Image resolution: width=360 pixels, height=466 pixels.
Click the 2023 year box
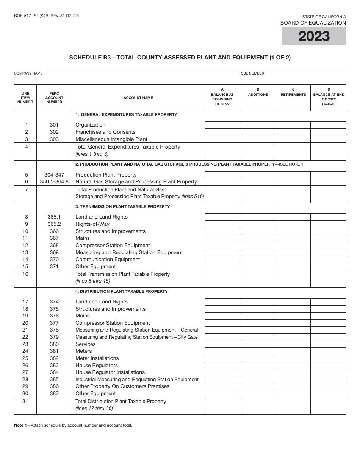314,36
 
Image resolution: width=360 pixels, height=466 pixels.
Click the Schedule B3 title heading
180,58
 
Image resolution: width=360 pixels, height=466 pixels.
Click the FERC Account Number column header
54,97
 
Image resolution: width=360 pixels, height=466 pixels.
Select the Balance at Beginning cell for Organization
222,125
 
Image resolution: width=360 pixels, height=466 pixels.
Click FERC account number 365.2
54,224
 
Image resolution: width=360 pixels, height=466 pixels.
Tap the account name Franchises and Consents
105,132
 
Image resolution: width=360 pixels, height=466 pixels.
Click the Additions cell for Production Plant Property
258,175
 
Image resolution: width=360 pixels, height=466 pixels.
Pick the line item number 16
25,274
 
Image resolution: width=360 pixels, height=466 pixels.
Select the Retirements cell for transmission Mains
293,238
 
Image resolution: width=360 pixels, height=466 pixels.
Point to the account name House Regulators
97,365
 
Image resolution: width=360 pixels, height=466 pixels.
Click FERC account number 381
54,351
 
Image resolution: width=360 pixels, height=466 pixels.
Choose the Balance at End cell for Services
328,344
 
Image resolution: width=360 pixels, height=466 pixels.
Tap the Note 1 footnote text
73,425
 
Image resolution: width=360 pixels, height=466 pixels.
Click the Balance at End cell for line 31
328,406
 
